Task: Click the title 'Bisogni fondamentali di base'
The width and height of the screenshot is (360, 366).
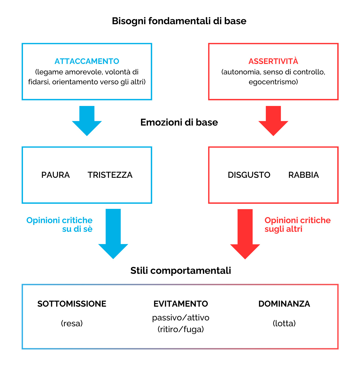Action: (x=179, y=21)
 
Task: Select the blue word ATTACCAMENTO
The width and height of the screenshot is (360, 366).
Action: (x=87, y=61)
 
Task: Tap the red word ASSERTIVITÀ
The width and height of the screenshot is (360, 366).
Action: (x=273, y=61)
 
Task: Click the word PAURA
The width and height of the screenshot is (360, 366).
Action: (x=56, y=175)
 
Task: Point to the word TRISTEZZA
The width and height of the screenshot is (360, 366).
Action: (x=110, y=175)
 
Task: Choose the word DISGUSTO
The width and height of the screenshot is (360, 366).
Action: (x=249, y=175)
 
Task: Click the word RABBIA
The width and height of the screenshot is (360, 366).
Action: (x=303, y=175)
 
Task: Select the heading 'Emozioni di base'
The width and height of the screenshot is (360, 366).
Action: (x=179, y=123)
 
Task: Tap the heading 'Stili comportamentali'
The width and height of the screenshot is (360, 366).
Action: (x=181, y=270)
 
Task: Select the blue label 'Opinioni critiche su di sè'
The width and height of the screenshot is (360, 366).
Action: (x=60, y=224)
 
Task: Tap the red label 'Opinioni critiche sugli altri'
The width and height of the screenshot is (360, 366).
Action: (x=297, y=224)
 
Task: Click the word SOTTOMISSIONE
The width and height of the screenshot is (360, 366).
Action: (x=72, y=304)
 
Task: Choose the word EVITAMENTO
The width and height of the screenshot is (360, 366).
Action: (x=181, y=304)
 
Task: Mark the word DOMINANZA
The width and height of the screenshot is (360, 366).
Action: (x=284, y=304)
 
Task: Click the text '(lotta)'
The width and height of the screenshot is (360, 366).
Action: (x=284, y=323)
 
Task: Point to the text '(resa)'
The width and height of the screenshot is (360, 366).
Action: (x=72, y=323)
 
